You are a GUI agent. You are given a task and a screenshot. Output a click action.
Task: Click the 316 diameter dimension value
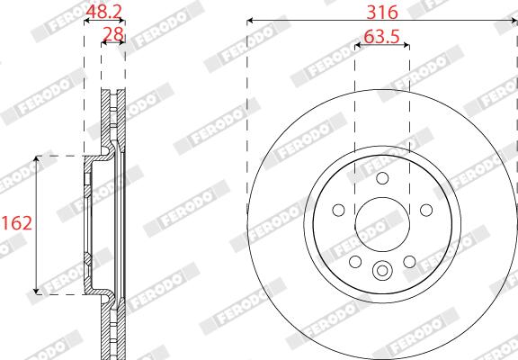coord(382,13)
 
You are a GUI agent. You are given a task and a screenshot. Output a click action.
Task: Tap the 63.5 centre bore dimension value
coord(382,36)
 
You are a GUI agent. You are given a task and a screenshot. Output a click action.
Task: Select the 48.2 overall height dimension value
coord(104,13)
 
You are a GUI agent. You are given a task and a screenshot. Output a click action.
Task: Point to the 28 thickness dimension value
coord(113,34)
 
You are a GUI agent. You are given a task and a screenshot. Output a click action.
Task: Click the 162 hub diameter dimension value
coord(17,223)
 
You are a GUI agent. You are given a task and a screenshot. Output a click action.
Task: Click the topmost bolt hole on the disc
coord(382,178)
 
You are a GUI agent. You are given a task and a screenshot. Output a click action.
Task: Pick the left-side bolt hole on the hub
coord(339,210)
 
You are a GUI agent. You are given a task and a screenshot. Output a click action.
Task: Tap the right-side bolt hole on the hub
coord(426,210)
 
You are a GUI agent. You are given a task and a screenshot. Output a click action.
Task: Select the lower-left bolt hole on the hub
coord(355,262)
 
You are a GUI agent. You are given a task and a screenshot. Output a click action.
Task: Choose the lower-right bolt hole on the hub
coord(409,262)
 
